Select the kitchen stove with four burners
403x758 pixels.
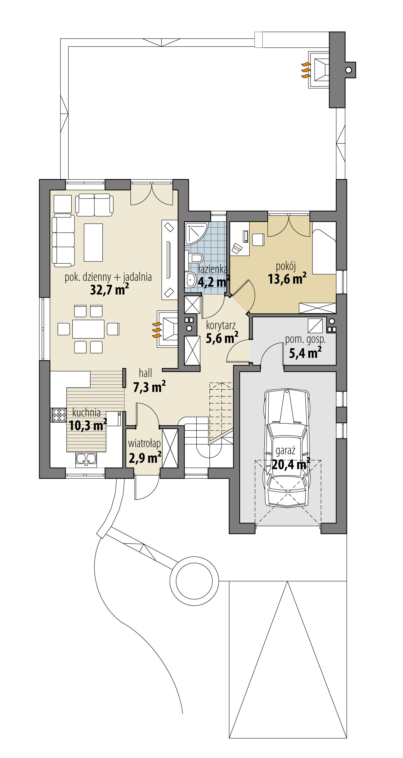[59, 415]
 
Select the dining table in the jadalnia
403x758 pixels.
[88, 329]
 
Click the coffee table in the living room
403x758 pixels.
[93, 242]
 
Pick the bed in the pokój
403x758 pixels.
[324, 251]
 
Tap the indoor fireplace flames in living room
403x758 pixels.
[157, 330]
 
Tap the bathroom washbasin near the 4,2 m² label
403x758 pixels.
[190, 279]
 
